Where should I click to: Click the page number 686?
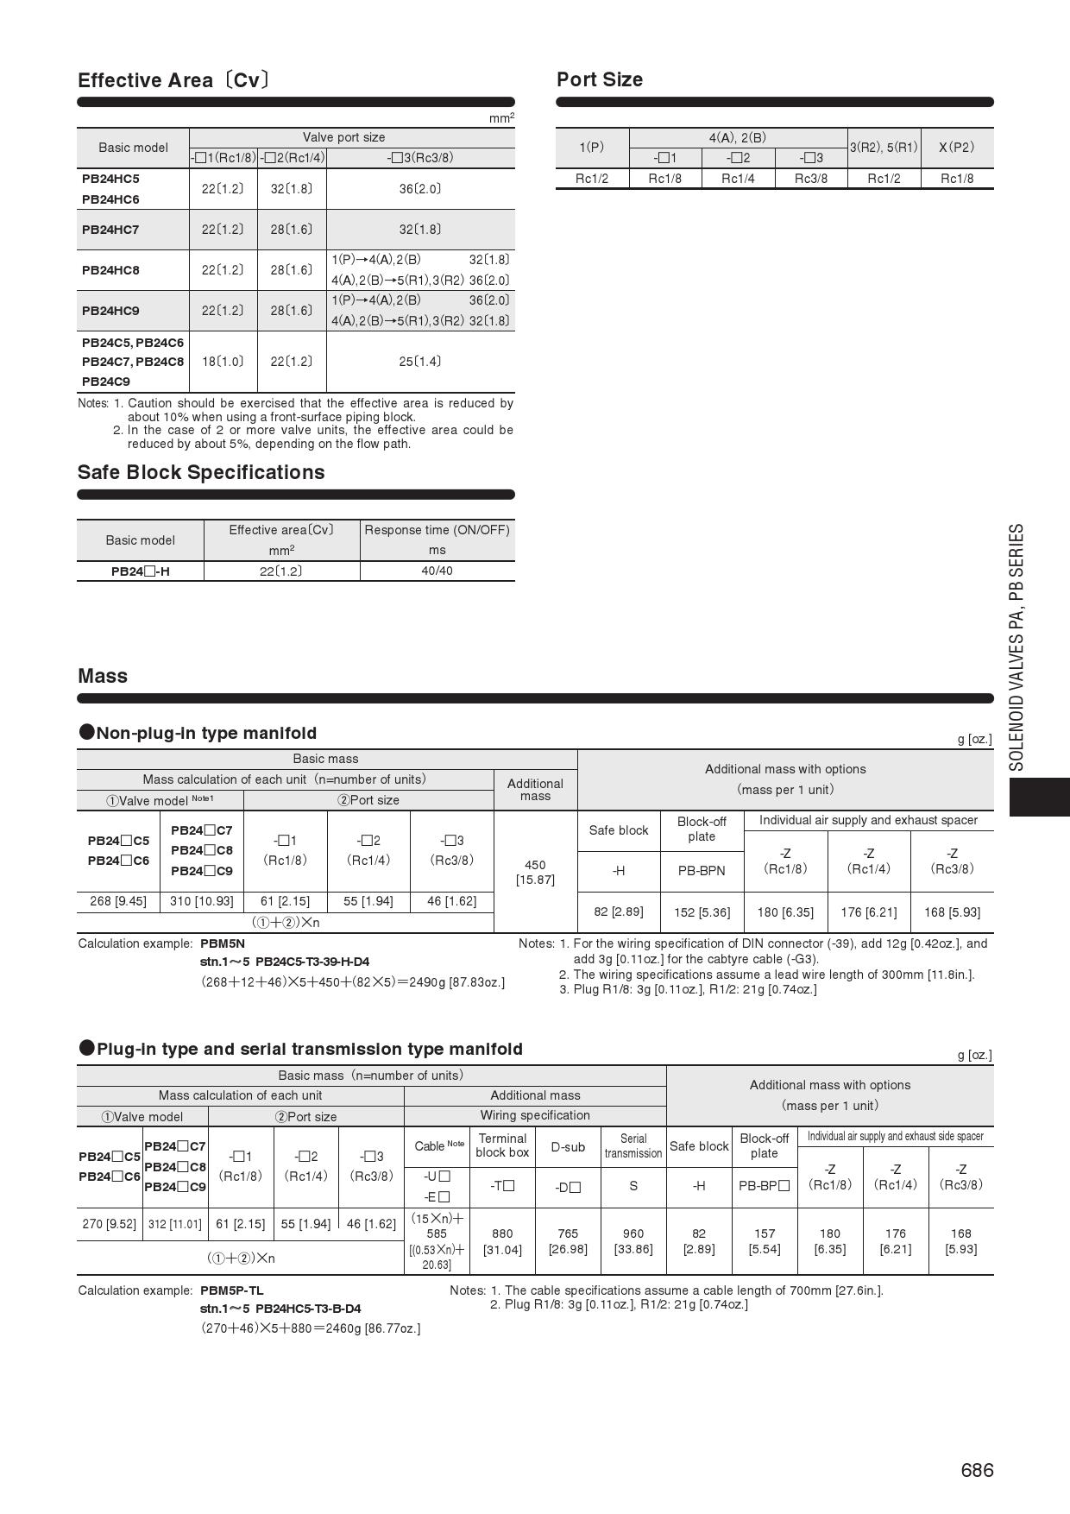tap(977, 1470)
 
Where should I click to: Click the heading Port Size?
tap(600, 79)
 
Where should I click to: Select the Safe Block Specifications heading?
tap(201, 472)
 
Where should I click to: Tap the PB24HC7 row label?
tap(110, 230)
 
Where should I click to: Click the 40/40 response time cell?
tap(437, 571)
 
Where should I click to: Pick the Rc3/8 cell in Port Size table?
tap(810, 179)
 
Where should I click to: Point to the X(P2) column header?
tap(956, 147)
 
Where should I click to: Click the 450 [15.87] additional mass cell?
tap(535, 872)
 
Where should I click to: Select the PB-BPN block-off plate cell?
tap(702, 871)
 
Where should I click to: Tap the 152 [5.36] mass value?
tap(702, 912)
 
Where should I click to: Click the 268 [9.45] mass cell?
tap(118, 901)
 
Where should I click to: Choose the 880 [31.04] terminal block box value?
tap(502, 1241)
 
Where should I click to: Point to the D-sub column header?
tap(568, 1147)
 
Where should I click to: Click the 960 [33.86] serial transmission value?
tap(633, 1241)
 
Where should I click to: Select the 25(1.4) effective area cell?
tap(420, 362)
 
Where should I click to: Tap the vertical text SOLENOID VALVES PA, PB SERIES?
tap(1016, 647)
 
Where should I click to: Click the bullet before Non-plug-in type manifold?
tap(86, 732)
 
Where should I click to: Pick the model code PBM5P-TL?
tap(231, 1290)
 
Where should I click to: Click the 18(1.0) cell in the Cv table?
tap(223, 362)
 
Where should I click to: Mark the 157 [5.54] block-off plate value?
tap(765, 1241)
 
